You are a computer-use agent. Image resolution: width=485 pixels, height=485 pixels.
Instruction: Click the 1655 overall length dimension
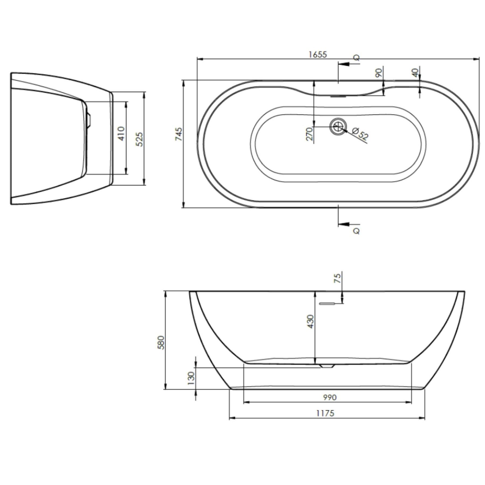click(318, 54)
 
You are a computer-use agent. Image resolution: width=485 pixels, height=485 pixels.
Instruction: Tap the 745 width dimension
click(179, 134)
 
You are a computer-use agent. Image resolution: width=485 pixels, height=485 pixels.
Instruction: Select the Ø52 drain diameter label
click(360, 134)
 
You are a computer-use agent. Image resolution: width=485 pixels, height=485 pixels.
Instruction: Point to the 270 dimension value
click(310, 134)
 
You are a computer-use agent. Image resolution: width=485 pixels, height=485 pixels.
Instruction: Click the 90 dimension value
click(379, 73)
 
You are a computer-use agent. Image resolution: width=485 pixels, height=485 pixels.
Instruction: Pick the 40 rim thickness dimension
click(415, 73)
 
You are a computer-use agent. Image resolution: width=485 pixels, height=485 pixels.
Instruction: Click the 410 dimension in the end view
click(121, 133)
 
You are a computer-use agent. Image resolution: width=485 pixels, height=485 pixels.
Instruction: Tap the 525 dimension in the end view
click(139, 139)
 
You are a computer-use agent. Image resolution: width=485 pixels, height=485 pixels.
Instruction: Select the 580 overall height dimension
click(161, 342)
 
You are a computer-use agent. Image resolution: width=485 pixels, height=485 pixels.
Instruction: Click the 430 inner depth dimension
click(310, 321)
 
